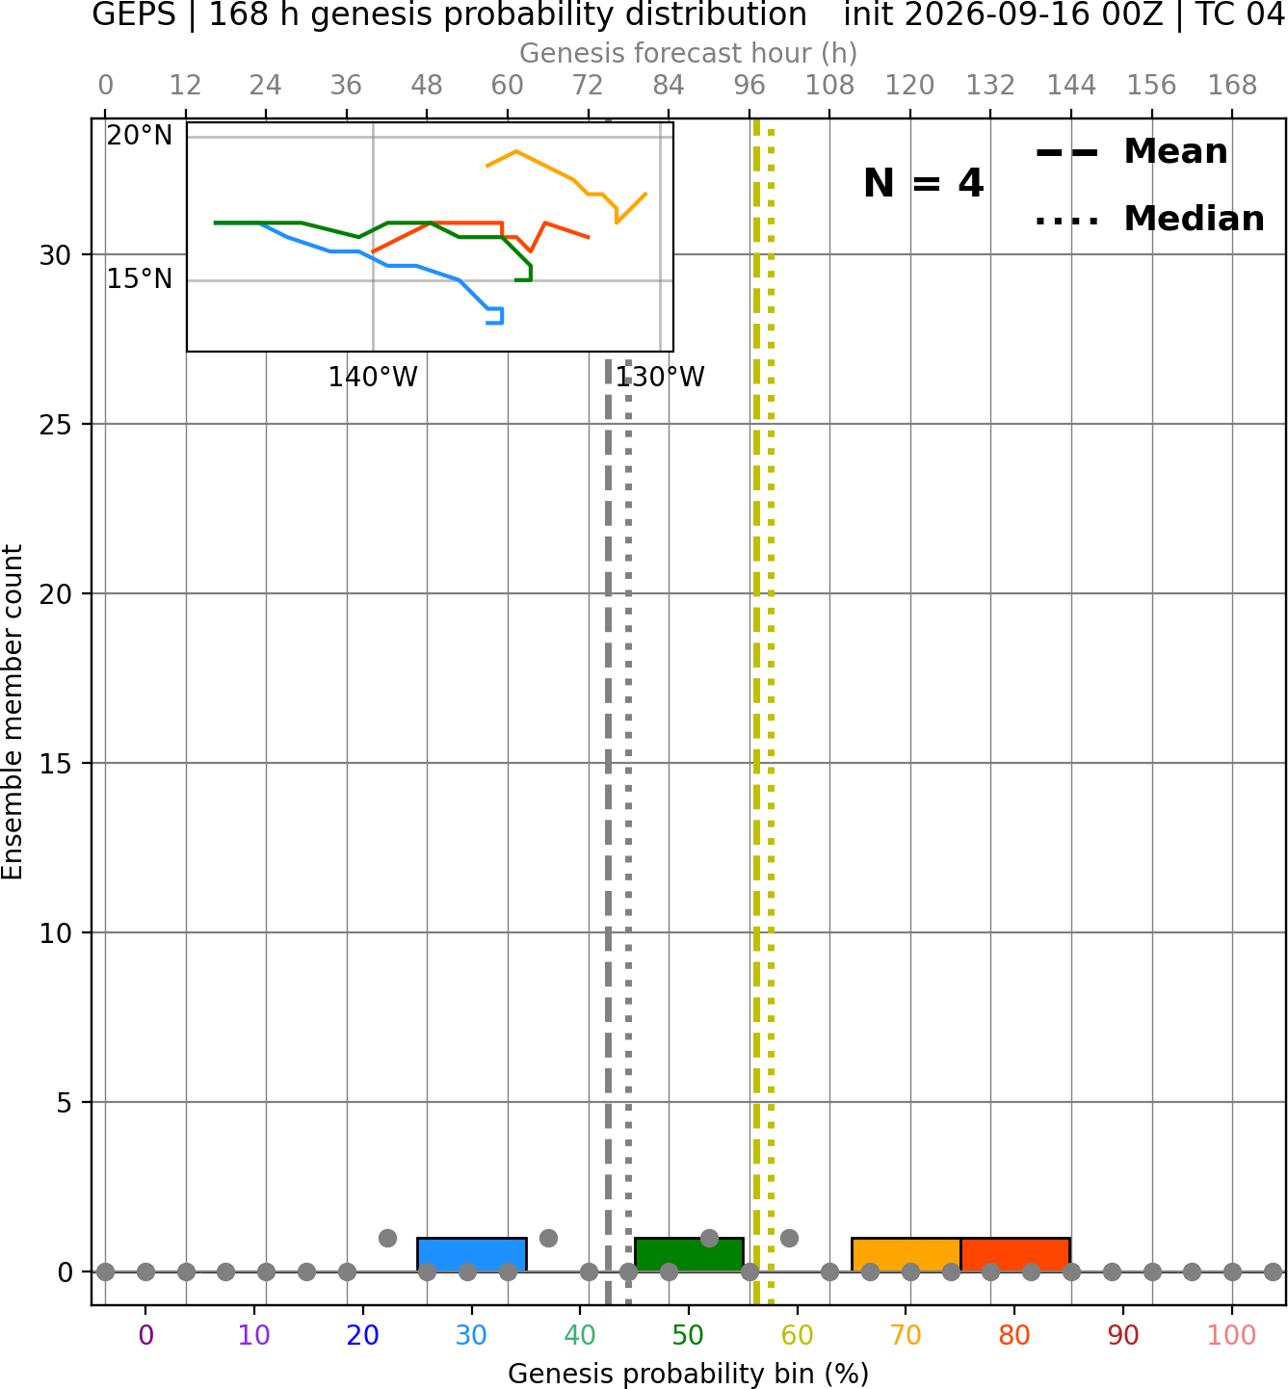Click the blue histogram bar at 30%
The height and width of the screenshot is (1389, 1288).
(x=471, y=1255)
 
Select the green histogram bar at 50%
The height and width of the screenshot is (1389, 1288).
(x=689, y=1255)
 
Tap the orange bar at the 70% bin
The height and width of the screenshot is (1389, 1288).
(x=906, y=1255)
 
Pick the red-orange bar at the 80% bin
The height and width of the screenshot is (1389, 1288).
(x=1015, y=1255)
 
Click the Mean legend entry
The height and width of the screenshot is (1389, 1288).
(x=1131, y=152)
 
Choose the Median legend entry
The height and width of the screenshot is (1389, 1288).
(x=1150, y=219)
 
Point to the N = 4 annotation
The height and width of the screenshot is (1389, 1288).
(x=924, y=183)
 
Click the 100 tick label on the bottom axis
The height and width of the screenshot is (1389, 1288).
(x=1232, y=1335)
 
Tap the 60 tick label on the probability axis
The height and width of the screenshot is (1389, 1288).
(x=797, y=1335)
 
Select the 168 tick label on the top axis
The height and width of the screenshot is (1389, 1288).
(x=1232, y=86)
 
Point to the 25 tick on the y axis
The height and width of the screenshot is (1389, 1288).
(x=56, y=425)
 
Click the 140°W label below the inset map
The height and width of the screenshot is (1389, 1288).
(x=373, y=377)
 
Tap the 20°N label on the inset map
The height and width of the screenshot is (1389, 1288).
(x=140, y=136)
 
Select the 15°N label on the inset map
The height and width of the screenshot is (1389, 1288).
(x=140, y=279)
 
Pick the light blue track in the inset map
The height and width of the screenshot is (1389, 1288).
(x=387, y=265)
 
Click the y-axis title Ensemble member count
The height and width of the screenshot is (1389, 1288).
(x=12, y=712)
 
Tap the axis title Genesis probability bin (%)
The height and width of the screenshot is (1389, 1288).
(x=689, y=1374)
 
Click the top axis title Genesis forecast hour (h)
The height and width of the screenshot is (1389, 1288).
(x=689, y=53)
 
